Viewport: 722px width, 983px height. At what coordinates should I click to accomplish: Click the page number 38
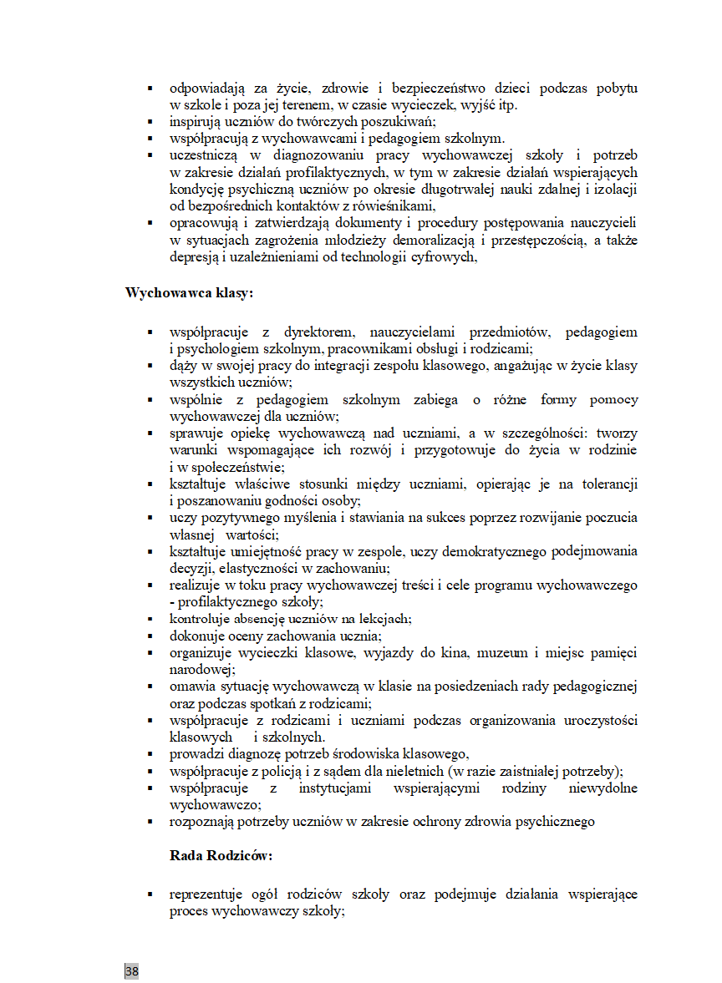tap(132, 970)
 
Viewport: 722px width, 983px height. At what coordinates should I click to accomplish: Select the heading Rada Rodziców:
tap(221, 855)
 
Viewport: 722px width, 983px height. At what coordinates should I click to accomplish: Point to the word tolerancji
tap(608, 484)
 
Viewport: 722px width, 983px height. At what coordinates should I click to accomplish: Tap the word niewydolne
tap(603, 788)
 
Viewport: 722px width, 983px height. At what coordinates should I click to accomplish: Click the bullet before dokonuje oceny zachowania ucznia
tap(150, 636)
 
